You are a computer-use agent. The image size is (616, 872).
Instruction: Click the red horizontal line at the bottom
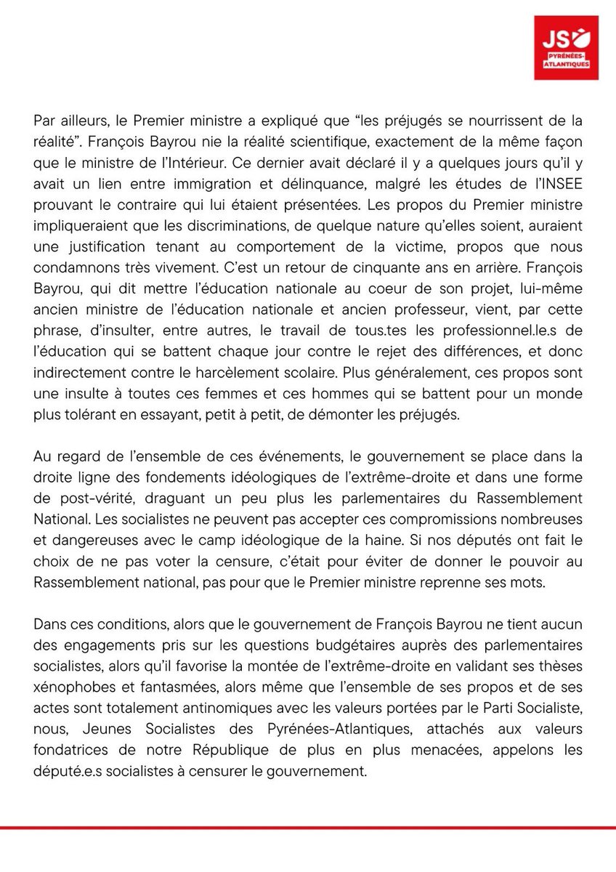[x=308, y=827]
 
